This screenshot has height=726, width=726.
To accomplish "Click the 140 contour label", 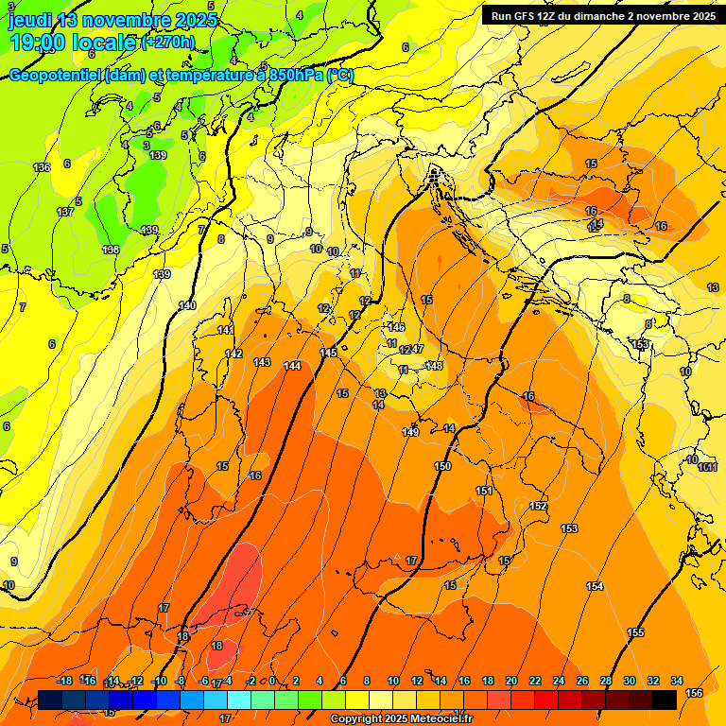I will coord(187,305).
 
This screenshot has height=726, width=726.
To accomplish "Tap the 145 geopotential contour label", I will coord(328,353).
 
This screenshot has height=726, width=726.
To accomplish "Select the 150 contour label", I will coord(442,466).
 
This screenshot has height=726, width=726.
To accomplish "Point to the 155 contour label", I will coord(635,632).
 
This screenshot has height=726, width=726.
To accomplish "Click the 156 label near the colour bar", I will coord(694,693).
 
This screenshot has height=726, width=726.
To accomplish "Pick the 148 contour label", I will coord(434,366).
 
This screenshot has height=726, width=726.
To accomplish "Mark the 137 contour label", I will coord(65,212).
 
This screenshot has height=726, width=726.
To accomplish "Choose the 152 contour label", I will coord(538,507).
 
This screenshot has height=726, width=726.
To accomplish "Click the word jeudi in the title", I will coord(30,20).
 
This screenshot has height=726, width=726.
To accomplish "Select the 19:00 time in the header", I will coord(39,43).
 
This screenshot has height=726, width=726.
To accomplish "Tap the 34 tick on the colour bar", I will coord(676,681).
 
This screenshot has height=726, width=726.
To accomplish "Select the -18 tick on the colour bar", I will coord(65,681).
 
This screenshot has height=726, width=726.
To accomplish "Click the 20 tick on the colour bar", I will coord(511,681).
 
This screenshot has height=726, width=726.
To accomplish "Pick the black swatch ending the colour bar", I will coord(665,700).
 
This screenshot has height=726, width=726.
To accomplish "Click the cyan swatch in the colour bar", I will coord(239,700).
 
